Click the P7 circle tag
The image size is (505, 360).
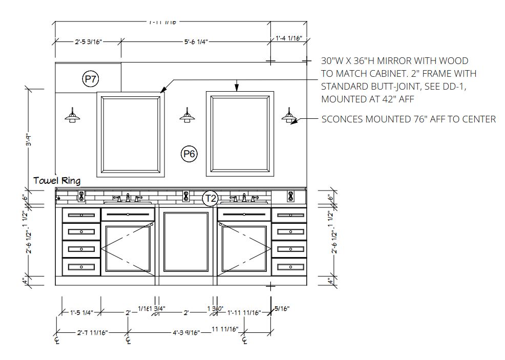pos(90,79)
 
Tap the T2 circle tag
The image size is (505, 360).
pos(210,198)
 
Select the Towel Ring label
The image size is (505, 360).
pos(57,181)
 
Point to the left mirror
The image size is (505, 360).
pos(131,134)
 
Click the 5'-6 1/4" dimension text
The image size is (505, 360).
pos(196,42)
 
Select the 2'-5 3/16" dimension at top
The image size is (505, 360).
pos(88,42)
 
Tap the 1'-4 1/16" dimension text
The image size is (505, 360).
pos(289,38)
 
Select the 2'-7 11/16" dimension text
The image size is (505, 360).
pos(93,333)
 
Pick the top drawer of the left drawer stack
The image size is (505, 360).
pos(81,215)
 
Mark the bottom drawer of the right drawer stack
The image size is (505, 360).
pos(289,266)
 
